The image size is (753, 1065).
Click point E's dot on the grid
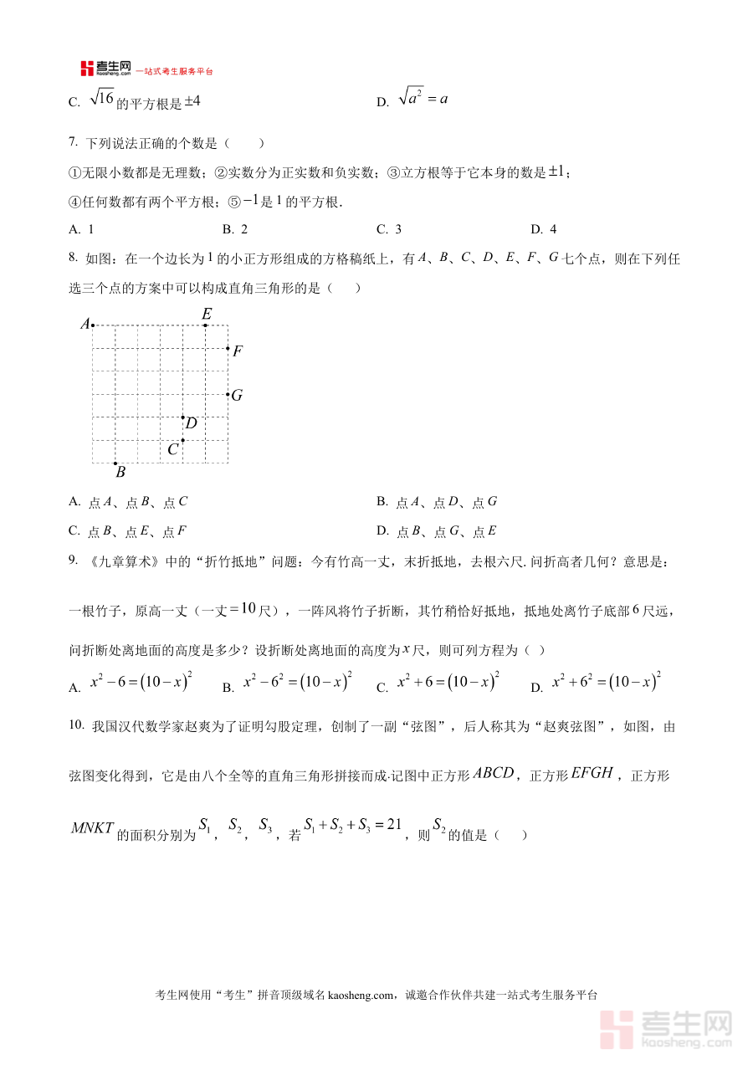[205, 325]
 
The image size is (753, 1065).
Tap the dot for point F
[228, 348]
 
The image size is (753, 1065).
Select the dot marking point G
[228, 394]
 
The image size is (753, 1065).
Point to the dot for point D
[182, 417]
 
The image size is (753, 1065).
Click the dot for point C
[182, 439]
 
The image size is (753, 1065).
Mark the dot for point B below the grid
[115, 463]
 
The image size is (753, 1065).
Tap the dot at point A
[92, 325]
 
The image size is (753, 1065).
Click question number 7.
[74, 143]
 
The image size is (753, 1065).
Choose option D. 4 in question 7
[544, 229]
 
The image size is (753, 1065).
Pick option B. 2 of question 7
[235, 229]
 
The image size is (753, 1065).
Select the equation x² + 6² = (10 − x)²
[607, 682]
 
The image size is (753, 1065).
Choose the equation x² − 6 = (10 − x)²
[141, 682]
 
